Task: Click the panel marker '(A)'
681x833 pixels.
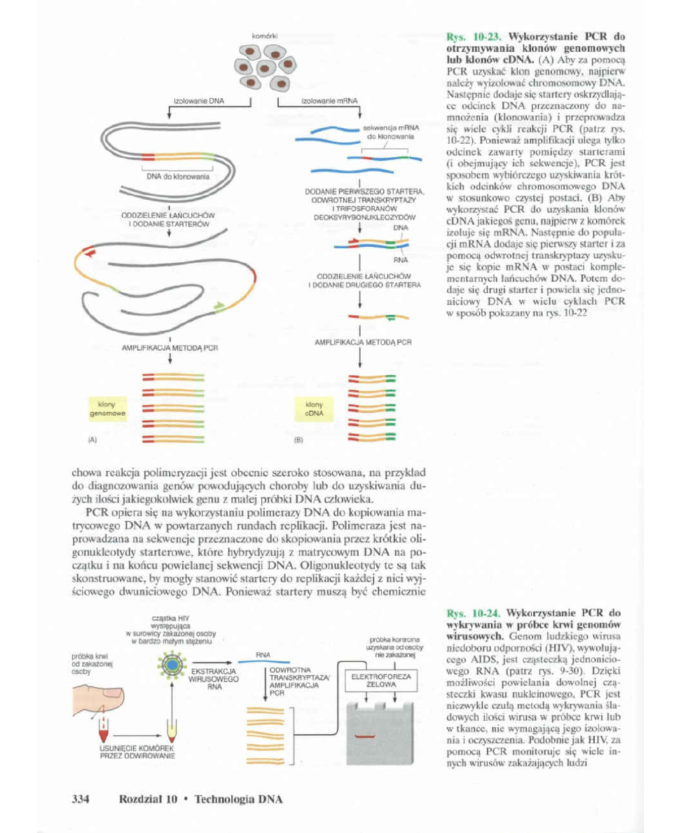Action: click(92, 442)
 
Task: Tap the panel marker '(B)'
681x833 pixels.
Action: click(296, 442)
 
